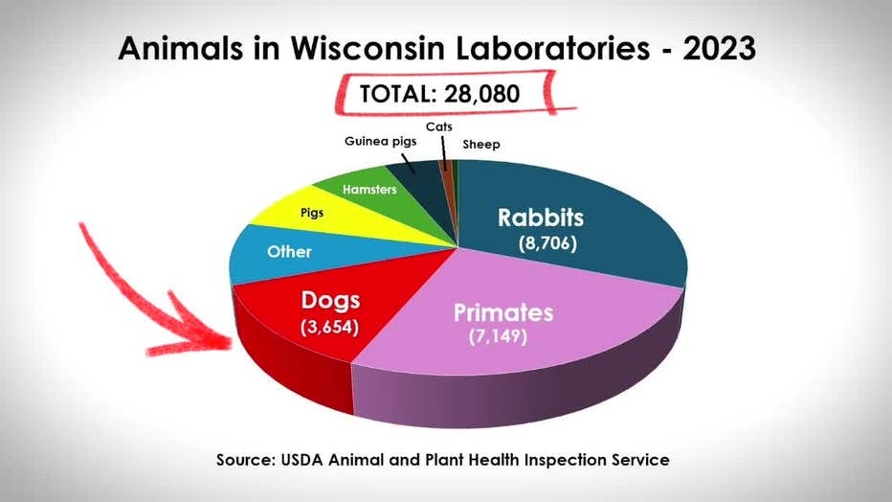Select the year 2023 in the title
click(719, 48)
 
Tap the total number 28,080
click(481, 94)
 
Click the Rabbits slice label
click(541, 217)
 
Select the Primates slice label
click(502, 313)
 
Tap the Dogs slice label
click(330, 300)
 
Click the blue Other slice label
click(289, 252)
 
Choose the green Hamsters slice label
click(369, 189)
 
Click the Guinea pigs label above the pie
click(380, 141)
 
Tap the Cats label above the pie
click(438, 126)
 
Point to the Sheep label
click(481, 145)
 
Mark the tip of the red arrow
click(232, 342)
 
